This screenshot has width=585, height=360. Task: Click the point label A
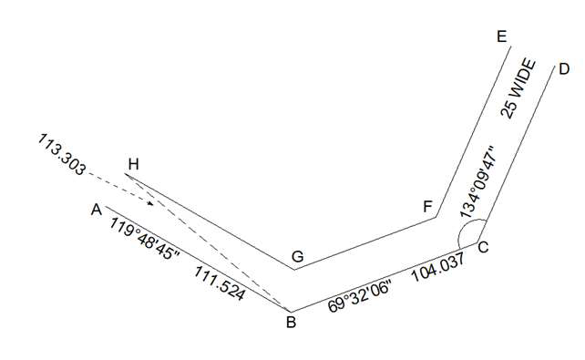pos(96,210)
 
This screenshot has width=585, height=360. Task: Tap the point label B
pos(291,321)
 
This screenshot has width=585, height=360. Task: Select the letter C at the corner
pos(483,247)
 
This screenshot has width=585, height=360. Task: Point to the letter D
pos(564,69)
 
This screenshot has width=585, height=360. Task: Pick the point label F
pos(427,206)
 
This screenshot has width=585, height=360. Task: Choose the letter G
pos(297,257)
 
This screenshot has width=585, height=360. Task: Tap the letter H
pos(134,164)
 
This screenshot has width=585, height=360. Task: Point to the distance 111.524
pos(218,283)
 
